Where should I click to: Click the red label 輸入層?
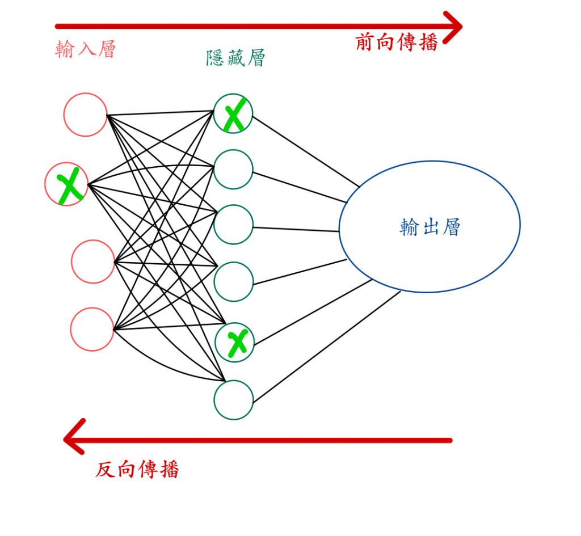(85, 49)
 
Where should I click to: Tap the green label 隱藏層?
(235, 57)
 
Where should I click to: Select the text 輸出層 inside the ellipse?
(430, 227)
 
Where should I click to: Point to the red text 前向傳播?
(397, 42)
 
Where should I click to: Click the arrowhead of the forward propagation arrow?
(454, 26)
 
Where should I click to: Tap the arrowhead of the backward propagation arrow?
(73, 438)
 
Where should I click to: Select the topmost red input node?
(85, 115)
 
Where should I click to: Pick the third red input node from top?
(93, 261)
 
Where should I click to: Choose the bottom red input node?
(92, 329)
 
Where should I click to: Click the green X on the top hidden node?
(234, 114)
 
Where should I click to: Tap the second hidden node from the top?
(233, 168)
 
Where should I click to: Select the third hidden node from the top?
(233, 225)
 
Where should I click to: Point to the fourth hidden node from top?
(233, 282)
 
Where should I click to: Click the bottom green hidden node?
(233, 400)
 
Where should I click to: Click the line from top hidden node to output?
(306, 151)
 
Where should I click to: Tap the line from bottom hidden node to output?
(326, 347)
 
